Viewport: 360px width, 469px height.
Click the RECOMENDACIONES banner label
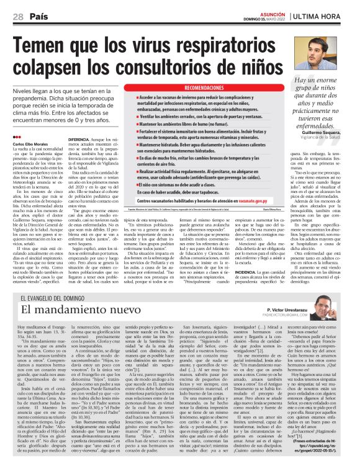(188, 89)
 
